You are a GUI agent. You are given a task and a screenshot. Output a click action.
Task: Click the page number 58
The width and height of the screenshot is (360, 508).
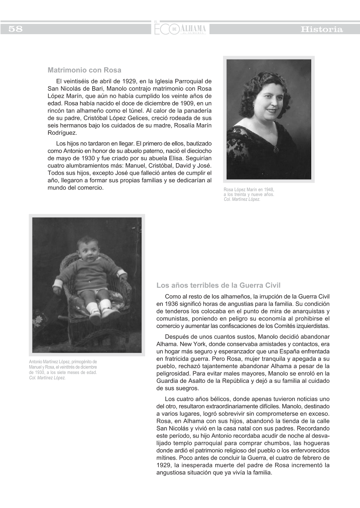tap(15, 29)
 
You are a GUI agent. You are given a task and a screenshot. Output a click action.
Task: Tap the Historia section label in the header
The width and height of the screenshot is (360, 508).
tap(321, 29)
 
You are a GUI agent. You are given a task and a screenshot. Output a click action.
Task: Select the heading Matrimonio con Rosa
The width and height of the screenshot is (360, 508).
tap(84, 70)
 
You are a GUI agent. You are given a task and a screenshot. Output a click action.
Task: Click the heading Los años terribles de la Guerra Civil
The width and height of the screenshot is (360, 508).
tap(219, 285)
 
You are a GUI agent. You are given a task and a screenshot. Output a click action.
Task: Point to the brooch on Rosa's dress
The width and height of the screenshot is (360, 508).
tap(276, 149)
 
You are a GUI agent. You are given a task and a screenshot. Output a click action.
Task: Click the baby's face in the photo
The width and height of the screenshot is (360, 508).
tap(87, 248)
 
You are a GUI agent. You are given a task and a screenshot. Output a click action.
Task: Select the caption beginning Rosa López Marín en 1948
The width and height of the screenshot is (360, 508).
tap(248, 195)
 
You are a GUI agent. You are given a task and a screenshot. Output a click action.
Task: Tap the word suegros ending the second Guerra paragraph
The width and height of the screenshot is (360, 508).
tap(187, 388)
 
